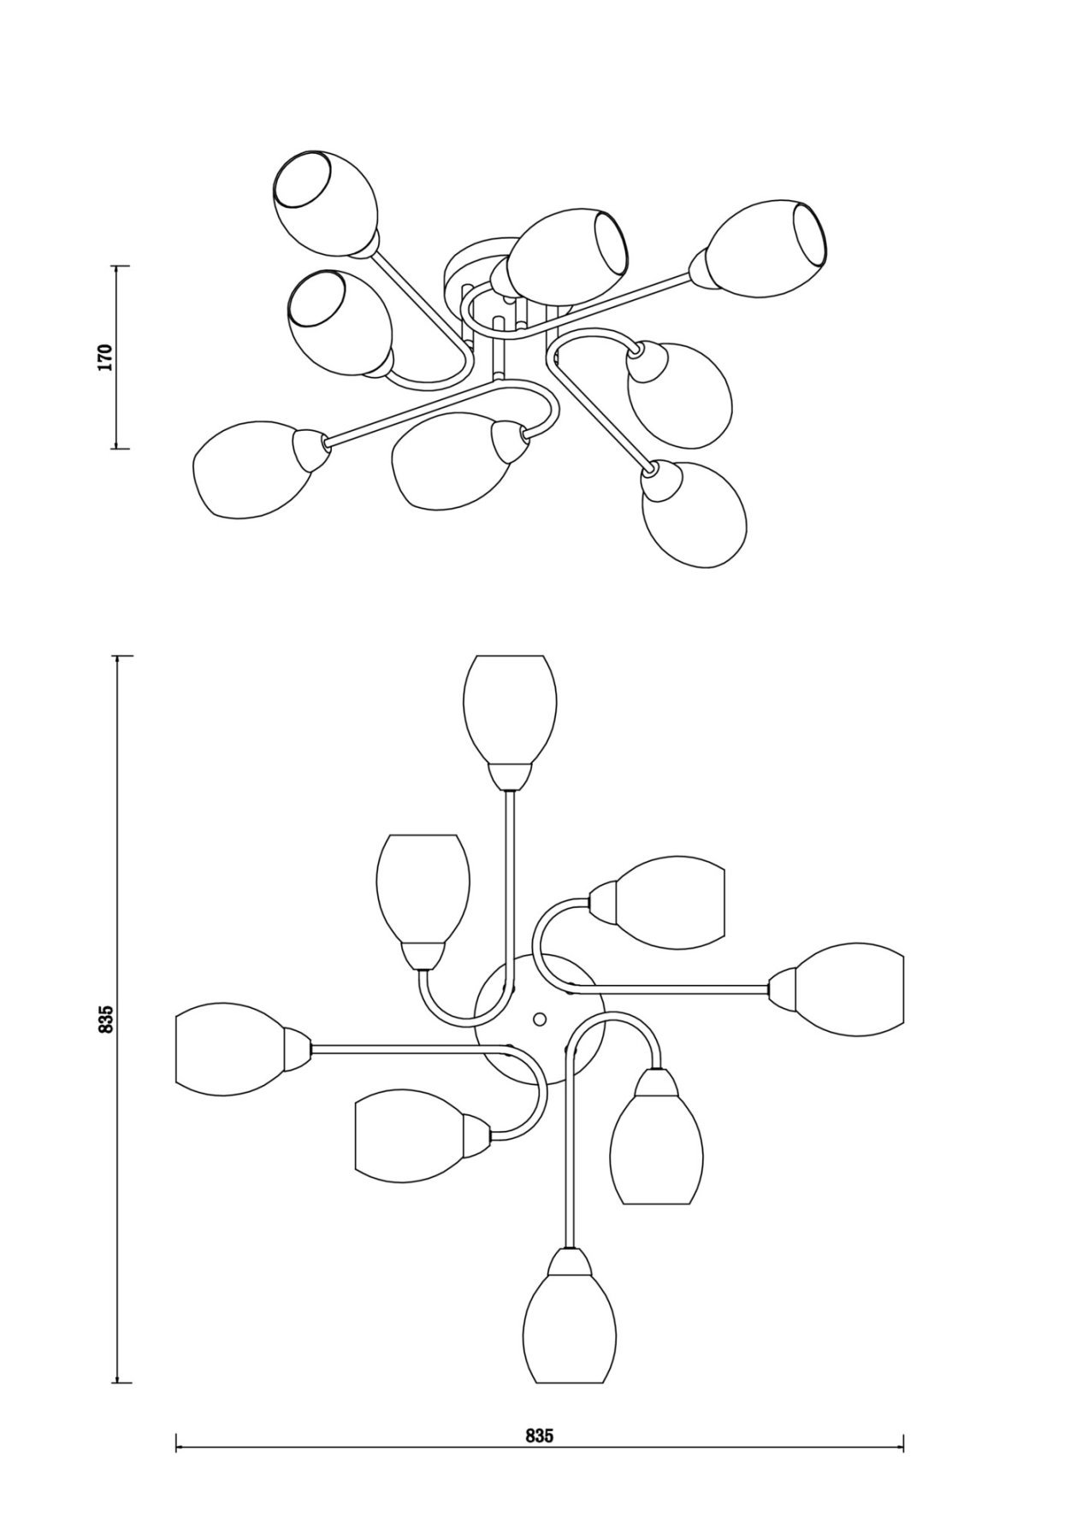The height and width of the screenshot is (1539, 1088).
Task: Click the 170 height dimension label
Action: coord(104,357)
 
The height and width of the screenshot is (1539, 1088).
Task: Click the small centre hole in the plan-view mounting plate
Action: coord(539,1019)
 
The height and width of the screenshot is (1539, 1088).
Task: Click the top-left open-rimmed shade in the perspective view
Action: coord(325,203)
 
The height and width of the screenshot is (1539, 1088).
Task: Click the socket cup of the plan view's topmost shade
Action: coord(510,776)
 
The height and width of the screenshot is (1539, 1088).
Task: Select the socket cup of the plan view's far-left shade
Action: coord(298,1048)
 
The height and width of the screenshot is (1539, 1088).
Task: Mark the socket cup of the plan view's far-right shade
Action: coord(783,989)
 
